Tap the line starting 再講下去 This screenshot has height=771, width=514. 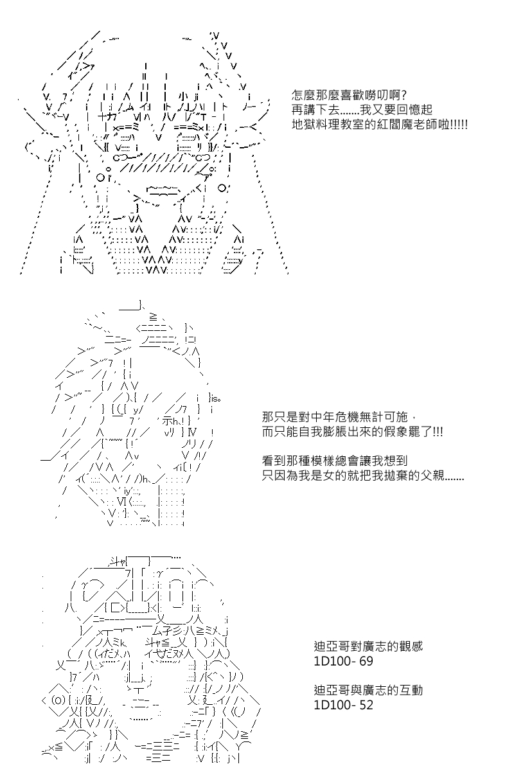click(x=362, y=110)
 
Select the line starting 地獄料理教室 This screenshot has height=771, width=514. click(x=379, y=125)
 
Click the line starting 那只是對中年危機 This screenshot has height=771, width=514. click(x=335, y=417)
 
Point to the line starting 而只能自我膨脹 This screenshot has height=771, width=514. click(x=352, y=432)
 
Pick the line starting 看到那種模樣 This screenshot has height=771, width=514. click(x=335, y=461)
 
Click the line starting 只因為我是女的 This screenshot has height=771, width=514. click(x=363, y=475)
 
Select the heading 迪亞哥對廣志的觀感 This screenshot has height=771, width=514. click(x=368, y=646)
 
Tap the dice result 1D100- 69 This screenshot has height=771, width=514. click(x=343, y=661)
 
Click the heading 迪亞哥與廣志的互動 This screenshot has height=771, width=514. click(x=368, y=691)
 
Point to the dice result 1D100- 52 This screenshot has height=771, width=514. click(x=343, y=705)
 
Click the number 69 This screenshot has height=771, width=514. click(x=366, y=661)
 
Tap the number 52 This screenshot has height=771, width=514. click(x=366, y=705)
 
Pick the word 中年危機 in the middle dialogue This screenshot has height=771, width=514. click(x=335, y=417)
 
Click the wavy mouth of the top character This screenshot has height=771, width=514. click(x=163, y=190)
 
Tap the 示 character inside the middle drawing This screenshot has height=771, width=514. click(x=168, y=421)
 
